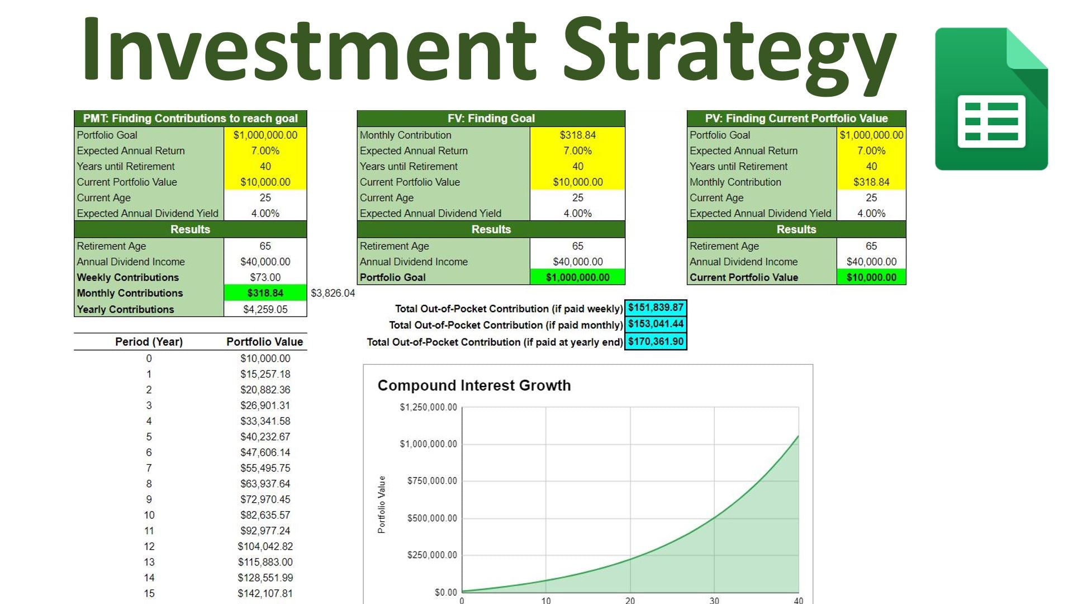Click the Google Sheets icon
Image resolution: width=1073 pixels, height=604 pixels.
coord(991,99)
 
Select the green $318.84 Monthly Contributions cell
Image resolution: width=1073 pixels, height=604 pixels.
coord(265,293)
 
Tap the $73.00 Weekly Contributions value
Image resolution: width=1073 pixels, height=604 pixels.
coord(265,277)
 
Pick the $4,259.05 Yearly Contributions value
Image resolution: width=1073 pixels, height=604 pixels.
coord(265,309)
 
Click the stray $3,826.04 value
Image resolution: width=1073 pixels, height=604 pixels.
coord(333,293)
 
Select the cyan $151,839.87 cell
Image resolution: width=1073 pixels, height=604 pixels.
coord(656,308)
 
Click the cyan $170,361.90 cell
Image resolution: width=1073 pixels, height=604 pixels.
coord(656,342)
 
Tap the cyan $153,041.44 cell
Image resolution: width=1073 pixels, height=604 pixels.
coord(656,324)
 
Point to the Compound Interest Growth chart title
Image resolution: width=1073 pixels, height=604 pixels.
coord(474,385)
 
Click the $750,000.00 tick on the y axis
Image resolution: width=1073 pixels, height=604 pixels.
coord(432,481)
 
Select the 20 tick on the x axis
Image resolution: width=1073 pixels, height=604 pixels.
coord(630,600)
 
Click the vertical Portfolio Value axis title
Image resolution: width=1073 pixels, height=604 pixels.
coord(382,504)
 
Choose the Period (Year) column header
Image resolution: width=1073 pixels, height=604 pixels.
coord(149,342)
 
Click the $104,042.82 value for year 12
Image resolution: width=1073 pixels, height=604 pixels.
coord(265,546)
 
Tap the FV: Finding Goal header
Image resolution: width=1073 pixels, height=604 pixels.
coord(491,119)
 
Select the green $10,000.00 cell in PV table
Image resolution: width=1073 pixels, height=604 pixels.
coord(871,277)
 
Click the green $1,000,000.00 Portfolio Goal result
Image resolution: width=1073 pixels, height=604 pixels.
coord(578,277)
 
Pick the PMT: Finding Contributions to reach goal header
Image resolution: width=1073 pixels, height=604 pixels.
coord(191,119)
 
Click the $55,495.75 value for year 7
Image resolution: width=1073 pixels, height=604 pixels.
coord(265,468)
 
